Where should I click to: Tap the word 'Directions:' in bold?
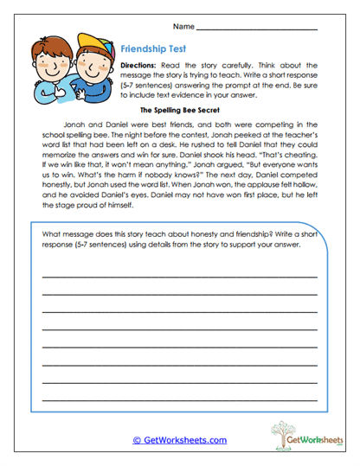click(x=138, y=66)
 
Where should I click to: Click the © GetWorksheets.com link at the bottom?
click(x=180, y=440)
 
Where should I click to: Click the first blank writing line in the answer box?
click(x=179, y=276)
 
